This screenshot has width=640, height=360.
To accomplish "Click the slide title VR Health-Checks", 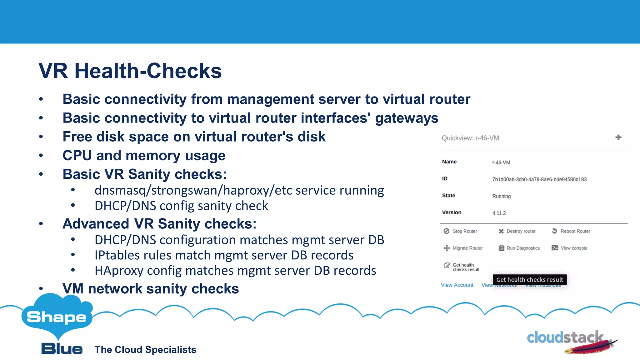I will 130,71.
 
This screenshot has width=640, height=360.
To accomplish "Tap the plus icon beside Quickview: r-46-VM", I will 618,137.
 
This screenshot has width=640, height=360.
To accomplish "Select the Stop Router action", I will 460,231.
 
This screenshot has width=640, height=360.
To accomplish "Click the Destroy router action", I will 517,231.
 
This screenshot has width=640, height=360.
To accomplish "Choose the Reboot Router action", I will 571,231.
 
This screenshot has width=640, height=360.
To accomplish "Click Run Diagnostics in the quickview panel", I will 519,248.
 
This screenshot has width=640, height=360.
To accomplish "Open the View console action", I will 570,248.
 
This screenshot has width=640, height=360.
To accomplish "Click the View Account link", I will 457,285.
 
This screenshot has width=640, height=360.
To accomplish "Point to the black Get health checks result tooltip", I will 530,280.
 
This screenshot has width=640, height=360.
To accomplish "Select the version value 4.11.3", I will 499,213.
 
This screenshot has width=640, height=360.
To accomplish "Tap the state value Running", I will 501,196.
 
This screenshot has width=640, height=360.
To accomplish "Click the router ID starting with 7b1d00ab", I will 539,179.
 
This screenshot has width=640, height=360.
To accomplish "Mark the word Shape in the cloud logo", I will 57,317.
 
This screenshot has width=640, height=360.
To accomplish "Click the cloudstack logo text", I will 565,338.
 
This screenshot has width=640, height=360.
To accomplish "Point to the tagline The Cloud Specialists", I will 145,350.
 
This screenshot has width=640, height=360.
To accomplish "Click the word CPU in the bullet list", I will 77,156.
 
